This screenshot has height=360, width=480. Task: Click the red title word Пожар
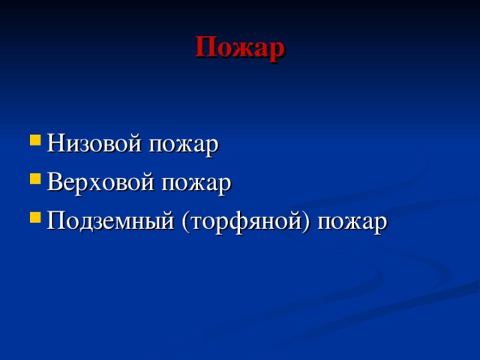pyautogui.click(x=239, y=48)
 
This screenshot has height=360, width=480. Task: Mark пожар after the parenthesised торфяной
pyautogui.click(x=352, y=223)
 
